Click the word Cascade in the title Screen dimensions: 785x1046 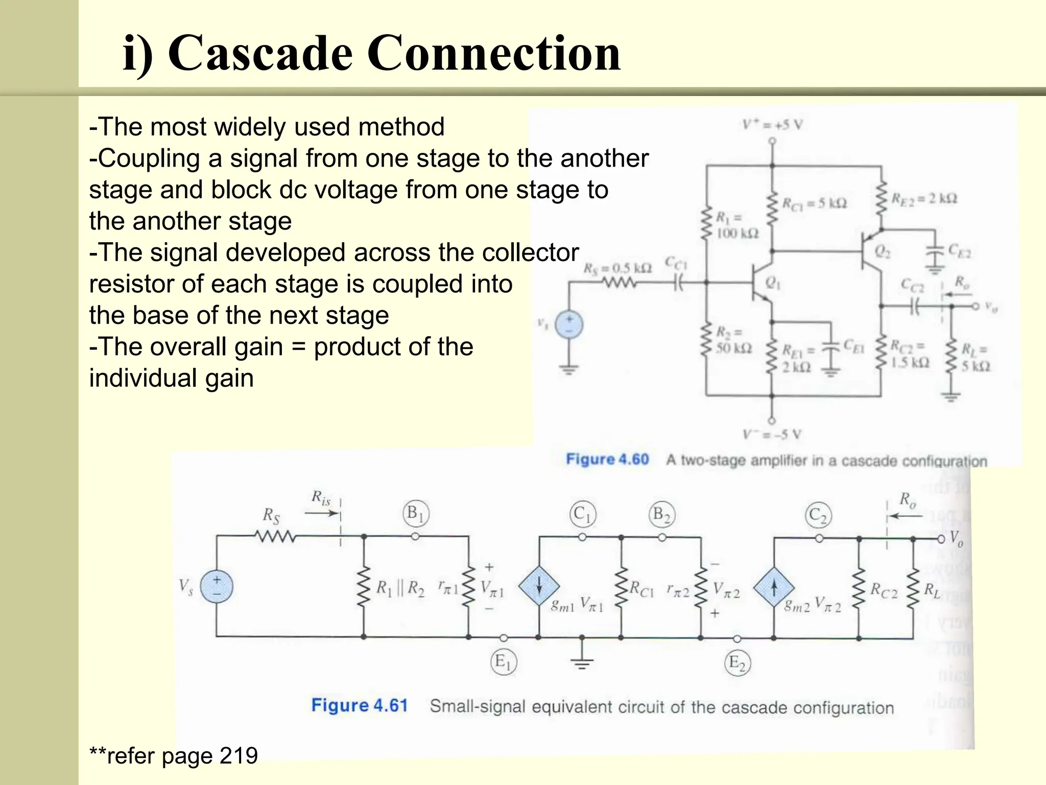[259, 54]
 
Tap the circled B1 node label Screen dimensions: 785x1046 [415, 514]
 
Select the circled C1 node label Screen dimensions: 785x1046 [582, 514]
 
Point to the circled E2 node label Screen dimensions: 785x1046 [737, 663]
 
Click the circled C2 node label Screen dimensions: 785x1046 [818, 515]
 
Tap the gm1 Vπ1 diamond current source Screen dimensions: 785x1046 [538, 587]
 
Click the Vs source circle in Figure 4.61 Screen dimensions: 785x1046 [217, 586]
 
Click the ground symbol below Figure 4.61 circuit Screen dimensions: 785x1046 [582, 663]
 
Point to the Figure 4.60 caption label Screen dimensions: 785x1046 [607, 459]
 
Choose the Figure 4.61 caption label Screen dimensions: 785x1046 [359, 705]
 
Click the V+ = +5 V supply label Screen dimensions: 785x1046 [772, 124]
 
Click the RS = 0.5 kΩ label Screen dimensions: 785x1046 [617, 268]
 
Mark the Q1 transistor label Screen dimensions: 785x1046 [772, 282]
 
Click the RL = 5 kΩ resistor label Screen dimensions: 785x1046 [975, 358]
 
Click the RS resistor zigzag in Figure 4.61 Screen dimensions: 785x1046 [275, 536]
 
